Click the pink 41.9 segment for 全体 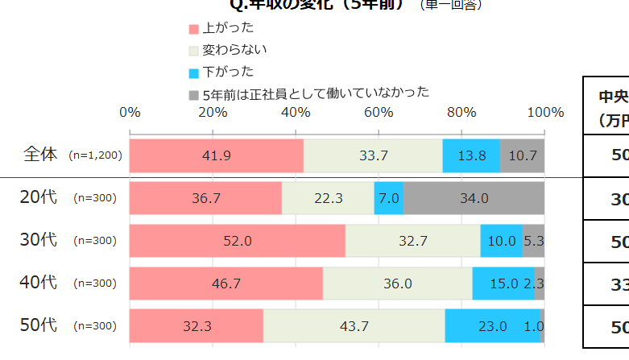[x=217, y=155]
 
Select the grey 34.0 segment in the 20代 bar [x=473, y=198]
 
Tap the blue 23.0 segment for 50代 [x=492, y=326]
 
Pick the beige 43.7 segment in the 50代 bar [x=354, y=326]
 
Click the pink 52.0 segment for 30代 [x=238, y=241]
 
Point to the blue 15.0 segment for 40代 [x=503, y=283]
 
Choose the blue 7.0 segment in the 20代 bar [x=389, y=198]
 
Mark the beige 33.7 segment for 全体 [x=373, y=155]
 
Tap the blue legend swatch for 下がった [x=193, y=72]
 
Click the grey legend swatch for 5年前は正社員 [x=193, y=94]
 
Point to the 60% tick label [x=379, y=112]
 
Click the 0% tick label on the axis [x=130, y=112]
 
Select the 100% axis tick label [x=545, y=112]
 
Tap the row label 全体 [x=41, y=155]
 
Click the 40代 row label [x=39, y=283]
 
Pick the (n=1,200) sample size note [x=95, y=155]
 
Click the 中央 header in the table [x=613, y=97]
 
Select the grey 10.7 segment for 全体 [x=523, y=155]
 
